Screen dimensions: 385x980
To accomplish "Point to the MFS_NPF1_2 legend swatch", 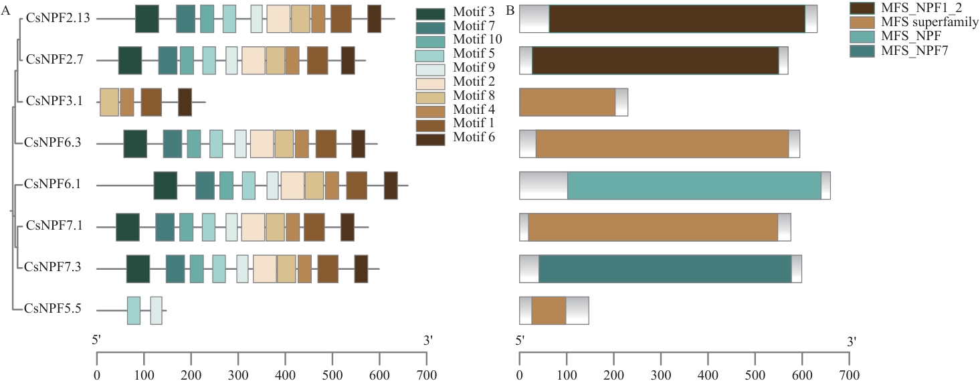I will coord(864,8).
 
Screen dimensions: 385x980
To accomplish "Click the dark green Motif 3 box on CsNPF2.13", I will coord(146,19).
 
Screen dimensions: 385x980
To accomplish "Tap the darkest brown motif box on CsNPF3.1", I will coord(185,102).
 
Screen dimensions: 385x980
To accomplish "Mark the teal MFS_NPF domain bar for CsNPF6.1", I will coord(694,185).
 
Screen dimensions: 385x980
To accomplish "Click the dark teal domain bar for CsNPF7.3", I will coord(665,268).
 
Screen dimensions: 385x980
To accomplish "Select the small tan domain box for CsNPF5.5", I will coord(549,311).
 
